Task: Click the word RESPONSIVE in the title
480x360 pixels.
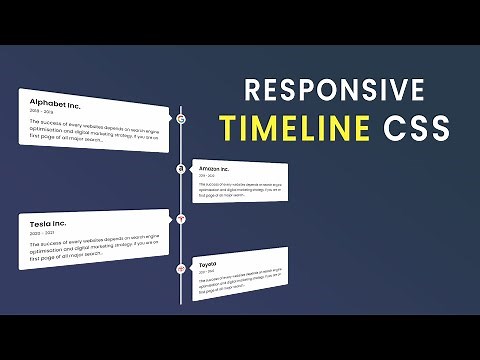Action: click(x=334, y=92)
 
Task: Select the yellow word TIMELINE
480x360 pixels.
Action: click(x=294, y=129)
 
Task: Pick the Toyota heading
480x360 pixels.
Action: click(x=208, y=263)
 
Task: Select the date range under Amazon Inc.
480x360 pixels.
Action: click(x=207, y=177)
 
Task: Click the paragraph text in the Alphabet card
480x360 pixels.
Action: click(x=90, y=130)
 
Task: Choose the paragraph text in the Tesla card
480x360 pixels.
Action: click(x=90, y=251)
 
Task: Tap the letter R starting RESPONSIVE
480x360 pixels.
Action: click(x=254, y=92)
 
